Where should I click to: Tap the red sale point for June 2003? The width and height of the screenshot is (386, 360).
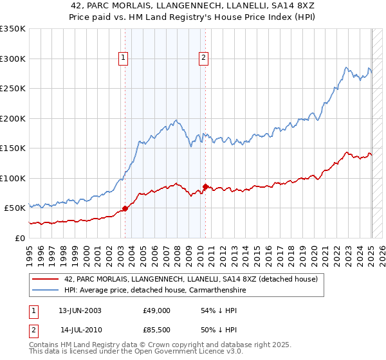(x=125, y=208)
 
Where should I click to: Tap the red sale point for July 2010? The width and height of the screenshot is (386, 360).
(x=205, y=186)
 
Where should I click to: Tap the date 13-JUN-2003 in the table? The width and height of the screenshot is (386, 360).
(x=80, y=310)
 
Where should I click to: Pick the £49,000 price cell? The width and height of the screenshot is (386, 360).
(x=156, y=310)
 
